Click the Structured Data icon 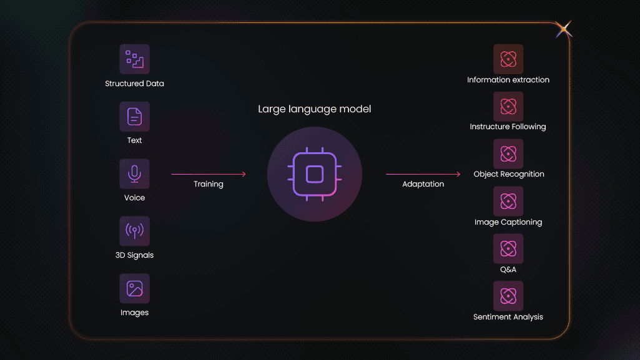pos(134,59)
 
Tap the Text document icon pos(134,117)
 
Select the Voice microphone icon pos(134,174)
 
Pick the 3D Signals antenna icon pos(134,231)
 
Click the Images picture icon pos(134,289)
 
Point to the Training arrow pos(209,174)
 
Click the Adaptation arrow pos(423,174)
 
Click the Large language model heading pos(315,109)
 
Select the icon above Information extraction pos(508,59)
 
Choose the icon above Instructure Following pos(508,107)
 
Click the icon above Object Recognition pos(508,153)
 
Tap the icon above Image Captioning pos(508,202)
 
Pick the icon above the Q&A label pos(508,249)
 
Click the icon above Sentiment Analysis pos(508,296)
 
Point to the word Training pos(209,184)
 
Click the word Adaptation pos(423,184)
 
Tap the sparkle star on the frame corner pos(564,29)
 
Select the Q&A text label pos(508,270)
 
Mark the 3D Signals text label pos(134,255)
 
